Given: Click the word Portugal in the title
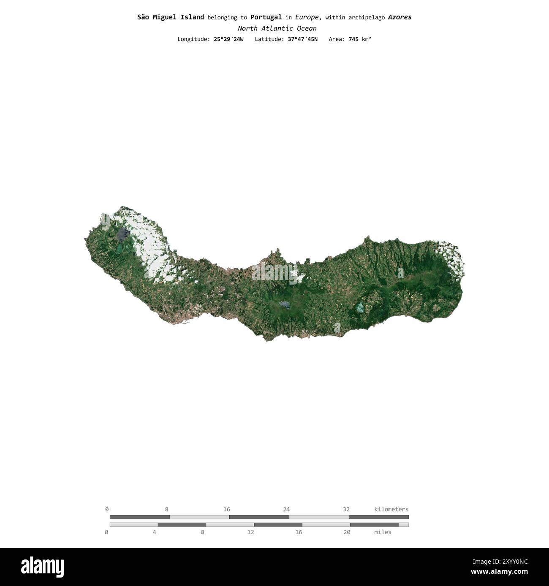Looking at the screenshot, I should point(266,17).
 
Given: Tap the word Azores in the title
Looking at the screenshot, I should point(400,17).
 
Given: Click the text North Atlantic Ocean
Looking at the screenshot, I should point(277,29).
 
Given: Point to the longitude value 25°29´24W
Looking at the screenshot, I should point(228,39).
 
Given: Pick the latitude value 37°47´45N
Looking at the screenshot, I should point(299,39).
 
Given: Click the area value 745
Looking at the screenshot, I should point(353,39).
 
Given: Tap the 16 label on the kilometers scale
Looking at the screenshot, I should point(227,509).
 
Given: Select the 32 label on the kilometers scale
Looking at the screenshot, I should point(346,509).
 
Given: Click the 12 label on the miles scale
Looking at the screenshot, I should point(250,532).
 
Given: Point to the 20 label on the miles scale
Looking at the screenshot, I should point(347,532).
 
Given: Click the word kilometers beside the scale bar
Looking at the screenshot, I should point(391,509).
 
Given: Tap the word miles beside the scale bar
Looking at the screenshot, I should point(383,532).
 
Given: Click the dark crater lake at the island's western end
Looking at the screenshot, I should point(122,233).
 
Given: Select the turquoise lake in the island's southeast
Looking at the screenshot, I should point(360,307).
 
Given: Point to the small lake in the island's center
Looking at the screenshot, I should point(284,304).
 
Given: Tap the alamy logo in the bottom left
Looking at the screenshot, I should point(42,567).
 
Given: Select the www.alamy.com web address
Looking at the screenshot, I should point(499,572).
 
